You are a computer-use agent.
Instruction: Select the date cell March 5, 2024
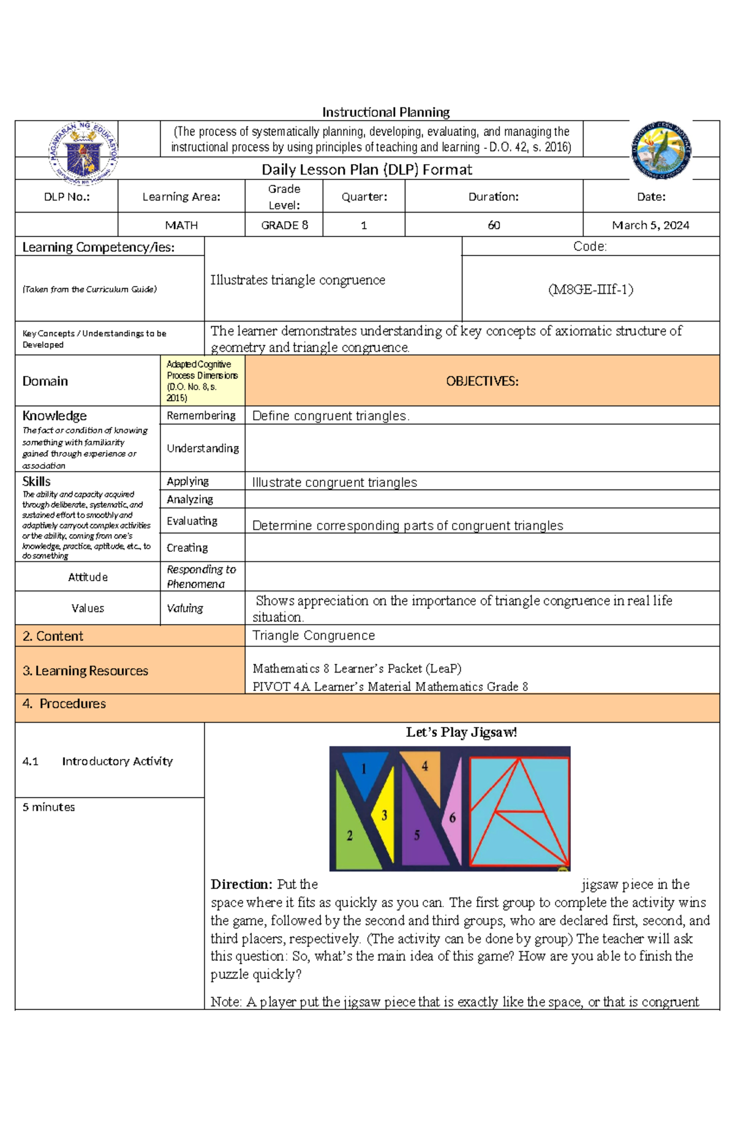pos(650,225)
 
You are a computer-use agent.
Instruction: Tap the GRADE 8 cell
pos(284,225)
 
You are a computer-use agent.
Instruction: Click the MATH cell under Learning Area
pos(181,225)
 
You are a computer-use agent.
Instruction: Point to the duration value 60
pos(494,225)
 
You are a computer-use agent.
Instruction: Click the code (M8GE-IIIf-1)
pos(590,289)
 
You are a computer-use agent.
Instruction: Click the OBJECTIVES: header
pos(482,381)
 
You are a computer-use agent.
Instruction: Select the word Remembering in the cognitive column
pos(201,415)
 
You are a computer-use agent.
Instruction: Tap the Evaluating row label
pos(192,521)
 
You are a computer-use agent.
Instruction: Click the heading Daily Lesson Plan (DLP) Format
pos(367,169)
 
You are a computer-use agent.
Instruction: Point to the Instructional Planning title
pos(386,112)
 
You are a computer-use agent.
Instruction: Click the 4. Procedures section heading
pos(64,704)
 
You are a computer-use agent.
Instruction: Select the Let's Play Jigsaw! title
pos(461,733)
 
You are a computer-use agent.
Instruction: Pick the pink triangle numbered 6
pos(453,818)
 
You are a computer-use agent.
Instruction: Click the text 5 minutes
pos(49,807)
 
